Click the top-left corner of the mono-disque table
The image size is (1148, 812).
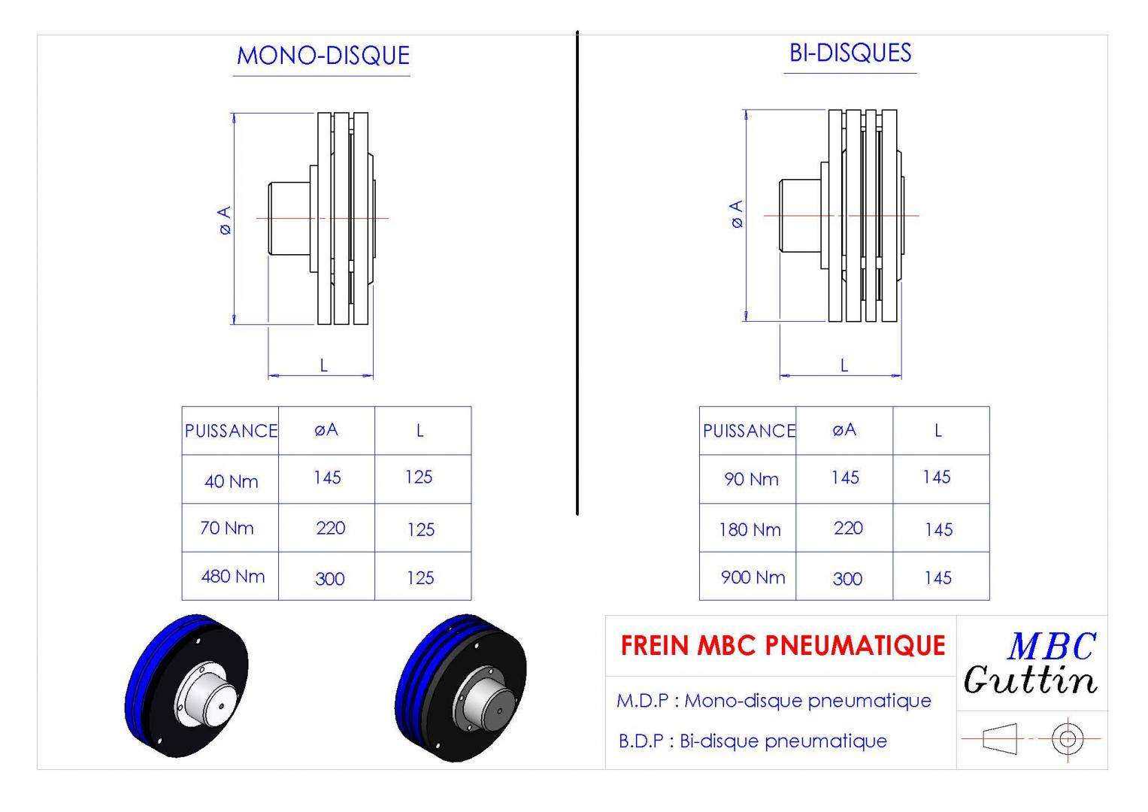(182, 407)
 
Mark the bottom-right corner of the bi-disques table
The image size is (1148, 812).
(989, 600)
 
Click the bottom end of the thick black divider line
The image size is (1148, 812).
(577, 514)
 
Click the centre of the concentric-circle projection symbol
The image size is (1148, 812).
(1068, 738)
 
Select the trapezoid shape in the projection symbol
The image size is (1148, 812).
(999, 738)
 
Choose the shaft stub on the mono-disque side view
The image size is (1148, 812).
(289, 219)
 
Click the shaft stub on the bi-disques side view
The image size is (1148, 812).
(800, 215)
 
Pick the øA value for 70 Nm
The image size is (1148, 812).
(331, 528)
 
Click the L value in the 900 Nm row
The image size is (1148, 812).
(938, 578)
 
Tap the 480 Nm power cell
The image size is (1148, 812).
(232, 576)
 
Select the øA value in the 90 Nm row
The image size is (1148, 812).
(844, 477)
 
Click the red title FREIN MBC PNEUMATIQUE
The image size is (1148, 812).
(783, 645)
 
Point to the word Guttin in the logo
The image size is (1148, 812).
(1030, 680)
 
